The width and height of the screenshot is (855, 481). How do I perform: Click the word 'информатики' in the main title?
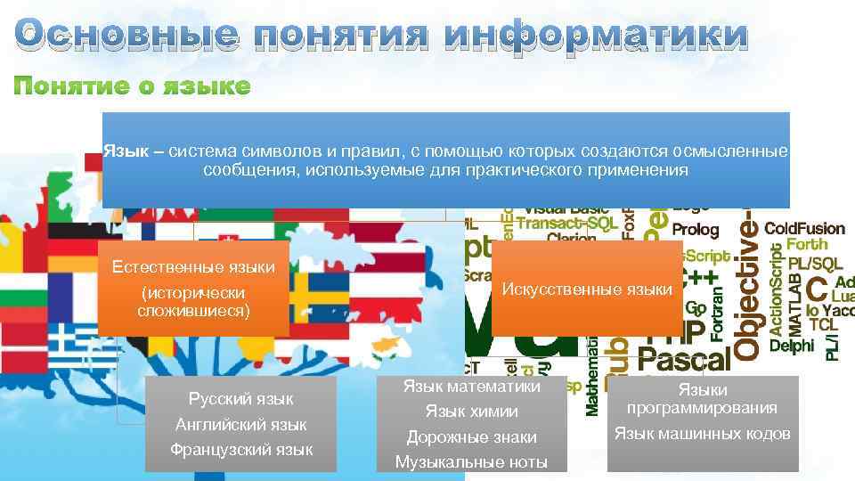pyautogui.click(x=596, y=36)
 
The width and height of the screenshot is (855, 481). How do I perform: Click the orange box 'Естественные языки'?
pyautogui.click(x=193, y=287)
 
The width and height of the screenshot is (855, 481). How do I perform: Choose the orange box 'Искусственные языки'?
pyautogui.click(x=587, y=289)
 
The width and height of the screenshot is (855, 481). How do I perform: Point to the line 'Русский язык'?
pyautogui.click(x=240, y=398)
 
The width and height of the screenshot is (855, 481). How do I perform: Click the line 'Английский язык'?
pyautogui.click(x=240, y=424)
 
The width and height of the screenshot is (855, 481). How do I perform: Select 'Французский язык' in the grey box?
pyautogui.click(x=240, y=450)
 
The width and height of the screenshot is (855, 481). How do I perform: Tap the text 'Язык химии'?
pyautogui.click(x=471, y=412)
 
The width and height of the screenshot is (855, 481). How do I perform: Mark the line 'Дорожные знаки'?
pyautogui.click(x=471, y=437)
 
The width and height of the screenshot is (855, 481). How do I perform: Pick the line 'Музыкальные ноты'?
pyautogui.click(x=471, y=462)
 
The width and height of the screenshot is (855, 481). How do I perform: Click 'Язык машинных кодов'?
pyautogui.click(x=702, y=434)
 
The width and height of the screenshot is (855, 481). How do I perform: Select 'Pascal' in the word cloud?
pyautogui.click(x=683, y=360)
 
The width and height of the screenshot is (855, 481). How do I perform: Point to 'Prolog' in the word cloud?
pyautogui.click(x=696, y=229)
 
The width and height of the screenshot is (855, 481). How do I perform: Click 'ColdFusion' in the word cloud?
pyautogui.click(x=804, y=228)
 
